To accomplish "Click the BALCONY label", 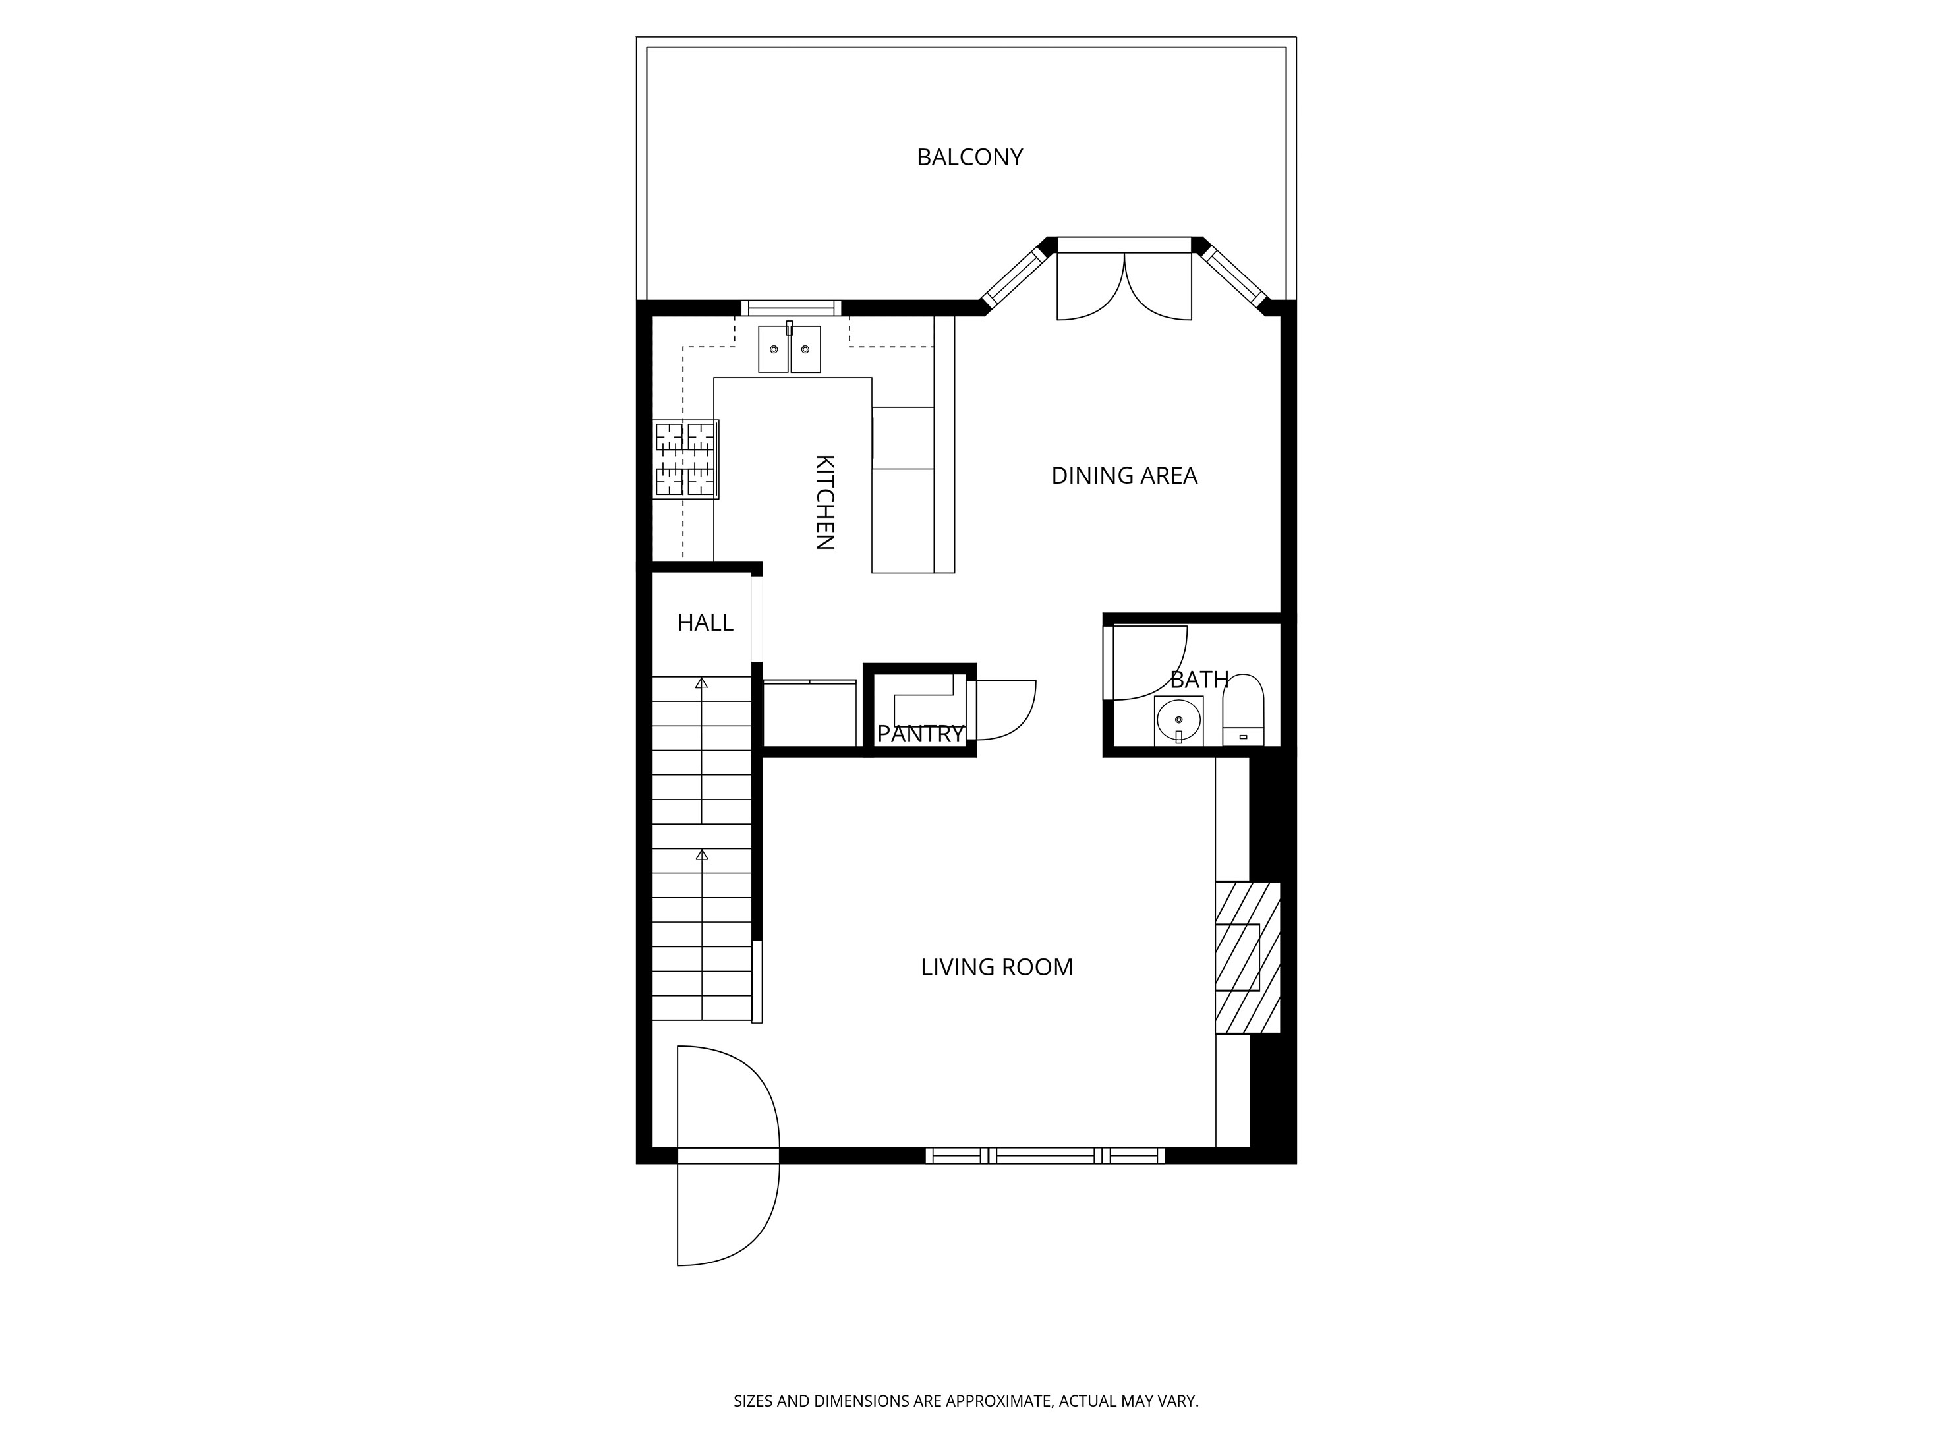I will point(969,158).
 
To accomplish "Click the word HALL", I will point(705,623).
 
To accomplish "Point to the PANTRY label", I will point(919,734).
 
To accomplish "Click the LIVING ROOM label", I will point(996,968).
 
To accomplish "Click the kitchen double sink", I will point(789,349).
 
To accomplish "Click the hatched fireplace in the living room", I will point(1247,957).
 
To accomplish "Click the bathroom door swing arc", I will point(1149,664).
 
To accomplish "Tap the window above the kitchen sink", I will point(791,308).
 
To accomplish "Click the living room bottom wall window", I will point(1045,1155).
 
